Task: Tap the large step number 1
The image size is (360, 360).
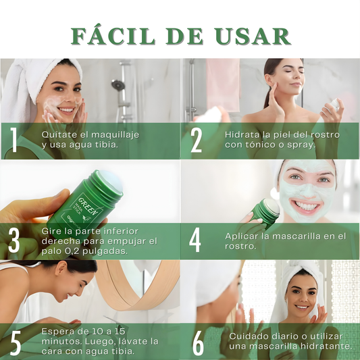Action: pyautogui.click(x=14, y=140)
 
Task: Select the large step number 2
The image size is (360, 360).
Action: pyautogui.click(x=196, y=140)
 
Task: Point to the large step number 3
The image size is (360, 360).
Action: pyautogui.click(x=14, y=240)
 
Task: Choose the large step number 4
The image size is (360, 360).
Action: pyautogui.click(x=195, y=240)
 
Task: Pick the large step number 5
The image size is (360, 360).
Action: pyautogui.click(x=16, y=343)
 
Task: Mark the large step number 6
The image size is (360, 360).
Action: pyautogui.click(x=198, y=343)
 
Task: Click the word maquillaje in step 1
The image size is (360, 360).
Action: pyautogui.click(x=115, y=135)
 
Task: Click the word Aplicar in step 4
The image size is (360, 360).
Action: pyautogui.click(x=242, y=236)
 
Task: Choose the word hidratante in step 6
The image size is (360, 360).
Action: pyautogui.click(x=326, y=346)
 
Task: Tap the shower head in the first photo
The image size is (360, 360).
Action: pyautogui.click(x=118, y=85)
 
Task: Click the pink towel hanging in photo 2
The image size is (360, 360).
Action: pyautogui.click(x=223, y=84)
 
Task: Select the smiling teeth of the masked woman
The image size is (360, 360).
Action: pyautogui.click(x=306, y=206)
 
